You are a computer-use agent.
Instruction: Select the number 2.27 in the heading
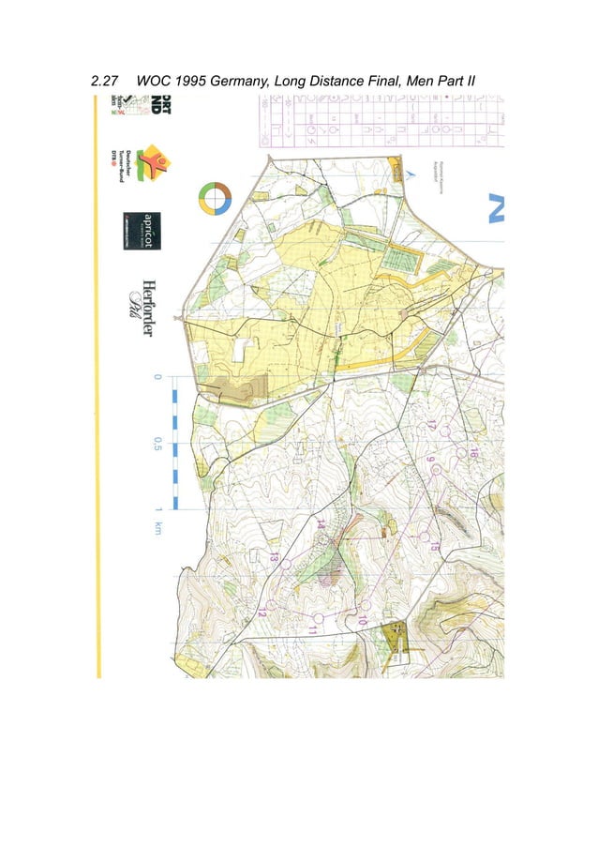[x=106, y=82]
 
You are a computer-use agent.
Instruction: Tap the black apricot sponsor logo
[x=138, y=232]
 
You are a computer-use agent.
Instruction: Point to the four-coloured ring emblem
[x=215, y=198]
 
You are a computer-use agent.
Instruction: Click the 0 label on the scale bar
[x=158, y=378]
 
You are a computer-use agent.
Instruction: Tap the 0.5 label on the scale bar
[x=158, y=444]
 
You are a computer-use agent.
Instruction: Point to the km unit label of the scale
[x=158, y=529]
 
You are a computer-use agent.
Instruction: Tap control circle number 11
[x=319, y=616]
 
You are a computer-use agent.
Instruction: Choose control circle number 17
[x=445, y=432]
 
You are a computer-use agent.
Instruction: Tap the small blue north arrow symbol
[x=409, y=173]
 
